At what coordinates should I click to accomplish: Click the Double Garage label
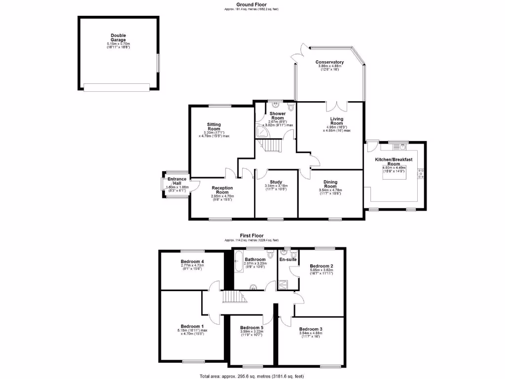point(118,38)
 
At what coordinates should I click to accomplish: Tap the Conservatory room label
point(329,62)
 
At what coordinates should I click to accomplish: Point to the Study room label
point(276,181)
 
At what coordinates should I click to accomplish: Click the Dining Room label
point(330,184)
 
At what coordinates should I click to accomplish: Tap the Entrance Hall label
point(177,181)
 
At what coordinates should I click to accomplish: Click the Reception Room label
point(222,190)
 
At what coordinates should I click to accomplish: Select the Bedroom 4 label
point(192,262)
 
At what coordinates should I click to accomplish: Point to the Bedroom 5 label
point(252,328)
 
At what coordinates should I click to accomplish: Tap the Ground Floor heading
point(252,4)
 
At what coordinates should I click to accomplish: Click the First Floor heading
point(252,236)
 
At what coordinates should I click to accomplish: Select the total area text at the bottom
point(252,376)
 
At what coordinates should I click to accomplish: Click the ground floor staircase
point(271,147)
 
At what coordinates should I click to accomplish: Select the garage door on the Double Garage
point(116,87)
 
